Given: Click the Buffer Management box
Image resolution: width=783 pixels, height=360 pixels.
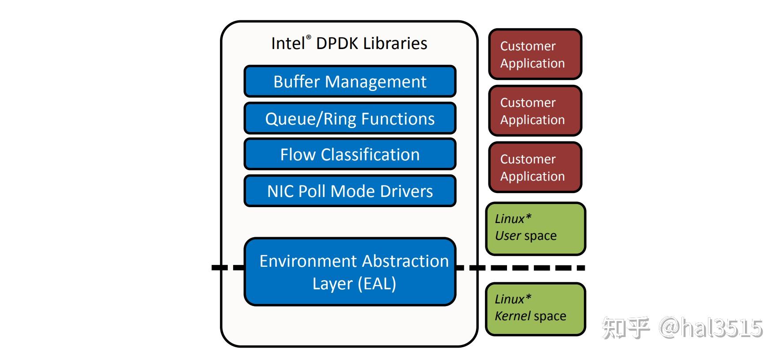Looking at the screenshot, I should click(350, 82).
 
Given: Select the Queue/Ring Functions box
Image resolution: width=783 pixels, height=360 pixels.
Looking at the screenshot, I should click(350, 118).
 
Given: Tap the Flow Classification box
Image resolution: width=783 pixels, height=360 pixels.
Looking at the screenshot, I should click(350, 155).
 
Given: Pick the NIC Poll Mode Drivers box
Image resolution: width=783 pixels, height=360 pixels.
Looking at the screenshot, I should click(350, 191).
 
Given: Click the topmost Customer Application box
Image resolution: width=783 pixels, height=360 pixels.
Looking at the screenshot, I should click(535, 54).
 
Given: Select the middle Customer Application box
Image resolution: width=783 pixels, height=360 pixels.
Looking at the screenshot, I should click(535, 111).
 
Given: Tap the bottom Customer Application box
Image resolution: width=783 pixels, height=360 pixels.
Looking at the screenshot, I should click(535, 167).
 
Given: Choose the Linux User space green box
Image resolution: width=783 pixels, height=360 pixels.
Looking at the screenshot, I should click(535, 229).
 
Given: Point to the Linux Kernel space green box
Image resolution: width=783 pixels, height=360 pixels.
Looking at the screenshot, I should click(535, 309).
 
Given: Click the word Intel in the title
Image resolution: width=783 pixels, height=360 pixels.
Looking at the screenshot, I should click(287, 44).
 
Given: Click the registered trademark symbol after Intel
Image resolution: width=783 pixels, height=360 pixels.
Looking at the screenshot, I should click(308, 38).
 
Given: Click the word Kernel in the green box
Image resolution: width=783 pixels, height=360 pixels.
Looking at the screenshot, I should click(512, 316).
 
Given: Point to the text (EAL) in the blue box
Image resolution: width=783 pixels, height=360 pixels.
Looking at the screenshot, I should click(377, 284).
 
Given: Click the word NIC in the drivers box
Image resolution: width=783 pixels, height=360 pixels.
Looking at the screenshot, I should click(280, 191).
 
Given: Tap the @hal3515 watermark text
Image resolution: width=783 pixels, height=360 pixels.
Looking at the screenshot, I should click(711, 328).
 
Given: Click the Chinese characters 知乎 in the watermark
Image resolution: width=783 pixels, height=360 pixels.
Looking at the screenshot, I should click(625, 328).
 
